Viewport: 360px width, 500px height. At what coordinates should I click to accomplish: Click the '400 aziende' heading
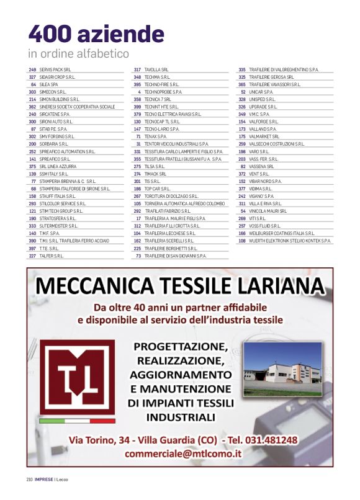96,33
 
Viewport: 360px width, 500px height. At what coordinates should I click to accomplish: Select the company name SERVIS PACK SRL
55,69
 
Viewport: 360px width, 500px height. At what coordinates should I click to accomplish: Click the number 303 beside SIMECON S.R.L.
32,91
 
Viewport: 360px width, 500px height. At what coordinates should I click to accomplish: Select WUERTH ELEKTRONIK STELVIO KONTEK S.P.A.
290,240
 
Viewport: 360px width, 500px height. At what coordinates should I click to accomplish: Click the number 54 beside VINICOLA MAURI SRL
243,211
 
